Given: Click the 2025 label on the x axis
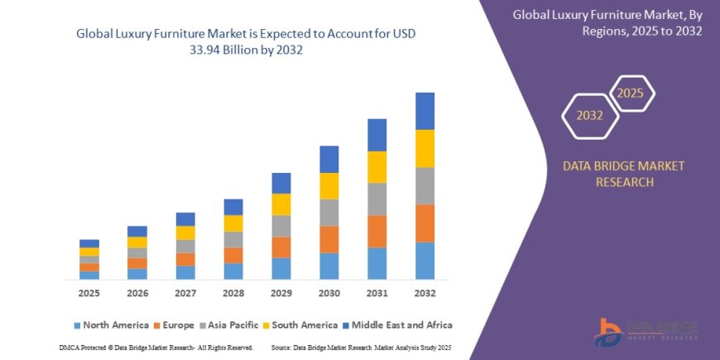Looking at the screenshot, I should click(x=89, y=294).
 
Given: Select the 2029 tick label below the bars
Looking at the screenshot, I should click(x=281, y=294).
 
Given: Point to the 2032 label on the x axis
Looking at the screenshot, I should click(x=425, y=294).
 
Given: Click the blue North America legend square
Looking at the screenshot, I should click(x=78, y=325).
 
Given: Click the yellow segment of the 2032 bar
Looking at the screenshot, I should click(x=425, y=148).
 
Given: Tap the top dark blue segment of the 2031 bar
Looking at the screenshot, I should click(x=377, y=135).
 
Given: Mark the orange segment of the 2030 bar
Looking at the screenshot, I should click(x=329, y=239).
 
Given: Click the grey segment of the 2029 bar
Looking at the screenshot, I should click(x=281, y=226).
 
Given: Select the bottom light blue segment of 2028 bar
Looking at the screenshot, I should click(x=233, y=271).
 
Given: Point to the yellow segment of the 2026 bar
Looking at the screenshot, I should click(x=137, y=242).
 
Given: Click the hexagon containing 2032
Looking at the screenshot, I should click(x=589, y=117).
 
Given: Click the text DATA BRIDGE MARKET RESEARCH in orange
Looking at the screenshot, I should click(x=624, y=174).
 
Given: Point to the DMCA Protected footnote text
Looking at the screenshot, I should click(x=156, y=347).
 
